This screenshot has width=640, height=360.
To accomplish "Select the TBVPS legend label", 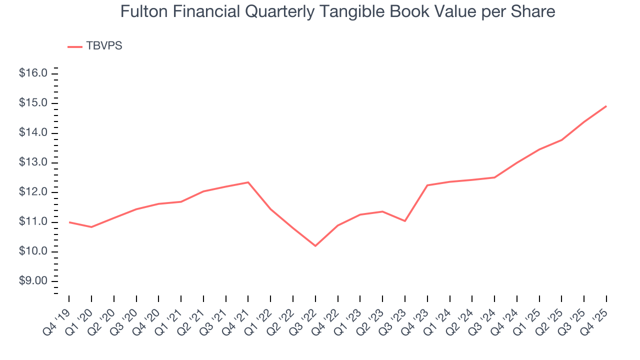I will [104, 46].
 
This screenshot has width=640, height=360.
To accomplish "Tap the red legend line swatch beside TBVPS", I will [75, 46].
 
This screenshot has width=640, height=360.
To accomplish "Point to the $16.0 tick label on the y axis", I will [33, 73].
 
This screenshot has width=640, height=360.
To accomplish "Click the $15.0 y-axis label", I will [33, 103].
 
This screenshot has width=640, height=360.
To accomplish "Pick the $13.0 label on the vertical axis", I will [33, 162].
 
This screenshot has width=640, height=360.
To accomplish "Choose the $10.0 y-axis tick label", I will [33, 251].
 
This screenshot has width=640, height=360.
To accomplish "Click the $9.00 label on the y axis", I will [33, 281].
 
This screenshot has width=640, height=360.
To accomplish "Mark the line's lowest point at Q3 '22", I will [315, 245].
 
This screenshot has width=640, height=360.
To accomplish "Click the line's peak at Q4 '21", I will [248, 182].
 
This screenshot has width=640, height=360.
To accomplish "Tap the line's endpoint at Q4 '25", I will [606, 106].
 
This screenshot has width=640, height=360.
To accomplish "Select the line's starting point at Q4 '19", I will [69, 222].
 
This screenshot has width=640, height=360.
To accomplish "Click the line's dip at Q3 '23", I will [405, 221].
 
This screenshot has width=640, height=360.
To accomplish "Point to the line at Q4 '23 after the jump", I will [427, 185].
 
